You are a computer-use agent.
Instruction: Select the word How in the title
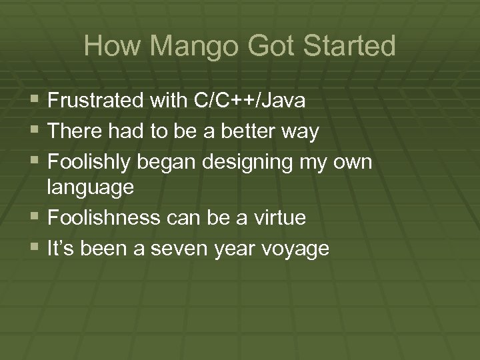(x=107, y=47)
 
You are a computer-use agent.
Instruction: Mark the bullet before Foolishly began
(x=36, y=161)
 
